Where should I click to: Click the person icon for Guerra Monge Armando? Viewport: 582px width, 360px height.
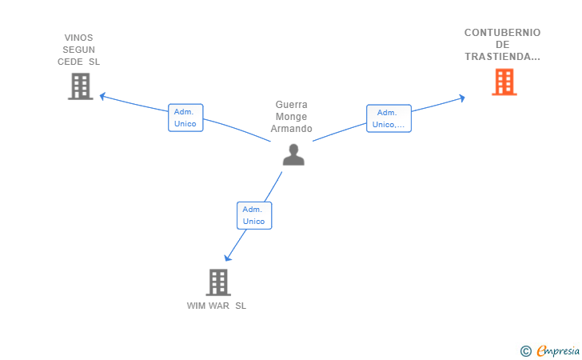point(293,154)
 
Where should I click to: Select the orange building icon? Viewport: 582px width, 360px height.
point(504,82)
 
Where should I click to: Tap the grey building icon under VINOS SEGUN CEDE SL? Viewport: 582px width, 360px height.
point(81,86)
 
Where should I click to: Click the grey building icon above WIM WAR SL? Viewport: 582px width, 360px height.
point(218,282)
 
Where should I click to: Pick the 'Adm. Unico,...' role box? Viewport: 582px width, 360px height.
point(389,118)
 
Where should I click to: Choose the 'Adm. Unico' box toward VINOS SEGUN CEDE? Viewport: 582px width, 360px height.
point(185,118)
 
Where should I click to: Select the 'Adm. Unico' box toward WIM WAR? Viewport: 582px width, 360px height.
point(254,215)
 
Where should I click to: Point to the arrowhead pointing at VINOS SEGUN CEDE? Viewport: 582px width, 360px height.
point(103,96)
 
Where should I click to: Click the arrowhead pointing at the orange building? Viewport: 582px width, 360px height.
point(462,98)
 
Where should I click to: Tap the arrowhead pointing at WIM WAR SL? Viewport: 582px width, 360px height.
point(228,258)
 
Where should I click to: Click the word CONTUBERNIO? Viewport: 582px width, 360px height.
point(502,33)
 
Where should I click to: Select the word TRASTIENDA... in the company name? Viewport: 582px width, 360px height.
point(502,57)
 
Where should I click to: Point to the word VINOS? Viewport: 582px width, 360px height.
point(78,38)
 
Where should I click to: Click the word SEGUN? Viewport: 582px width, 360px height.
point(78,50)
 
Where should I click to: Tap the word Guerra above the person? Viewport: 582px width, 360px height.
point(291,104)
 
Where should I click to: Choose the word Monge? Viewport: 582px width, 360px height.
point(291,117)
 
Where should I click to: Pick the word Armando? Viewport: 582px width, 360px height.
point(291,129)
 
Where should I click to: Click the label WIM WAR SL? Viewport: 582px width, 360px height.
point(217,306)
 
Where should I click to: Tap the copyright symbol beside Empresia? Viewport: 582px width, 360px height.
point(526,351)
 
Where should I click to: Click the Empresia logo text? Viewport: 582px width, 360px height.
point(558,350)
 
